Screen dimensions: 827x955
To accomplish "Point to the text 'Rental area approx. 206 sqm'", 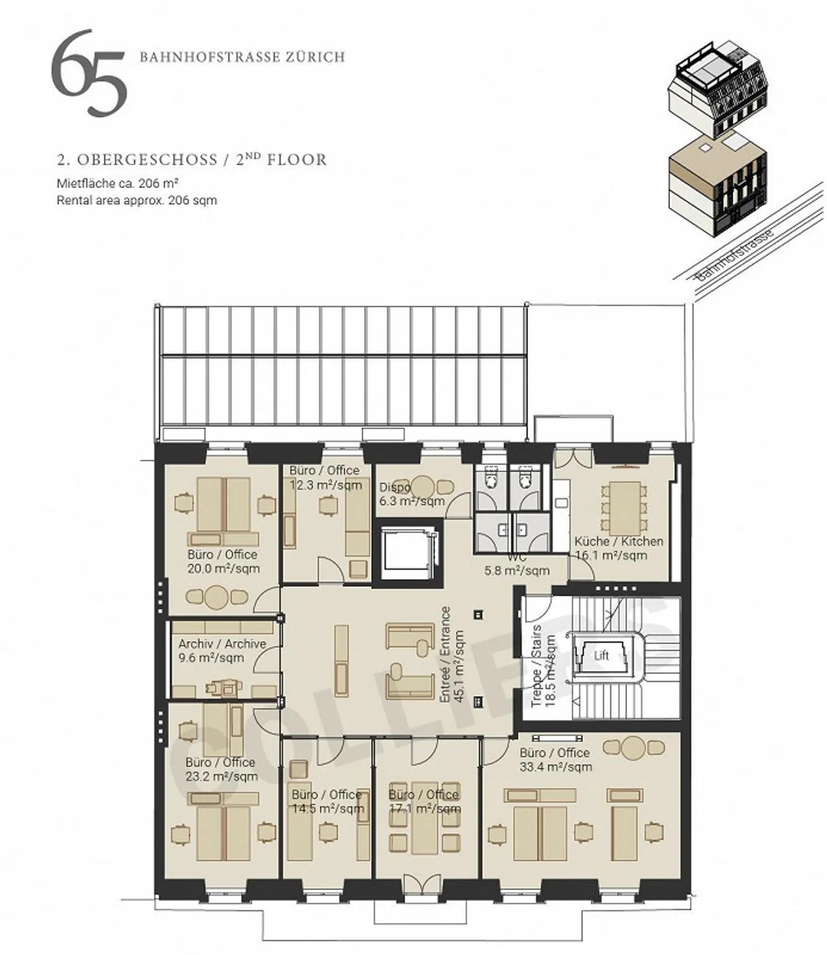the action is [x=137, y=201].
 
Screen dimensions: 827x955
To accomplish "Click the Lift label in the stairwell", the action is [x=601, y=655].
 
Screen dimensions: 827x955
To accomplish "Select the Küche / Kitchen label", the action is [x=619, y=541].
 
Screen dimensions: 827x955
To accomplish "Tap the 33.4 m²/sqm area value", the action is [x=555, y=767].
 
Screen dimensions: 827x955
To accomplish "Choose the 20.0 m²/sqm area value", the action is [x=223, y=569].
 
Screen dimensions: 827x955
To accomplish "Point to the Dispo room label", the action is [x=395, y=488].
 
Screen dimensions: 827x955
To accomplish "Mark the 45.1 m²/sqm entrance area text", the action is [x=459, y=667].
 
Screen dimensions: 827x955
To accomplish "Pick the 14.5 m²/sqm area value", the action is [x=328, y=809].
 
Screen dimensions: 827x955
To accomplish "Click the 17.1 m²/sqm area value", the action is [x=424, y=809].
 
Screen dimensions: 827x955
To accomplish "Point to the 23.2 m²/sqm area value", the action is [x=222, y=777].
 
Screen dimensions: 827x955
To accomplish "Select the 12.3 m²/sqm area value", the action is [x=326, y=485].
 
